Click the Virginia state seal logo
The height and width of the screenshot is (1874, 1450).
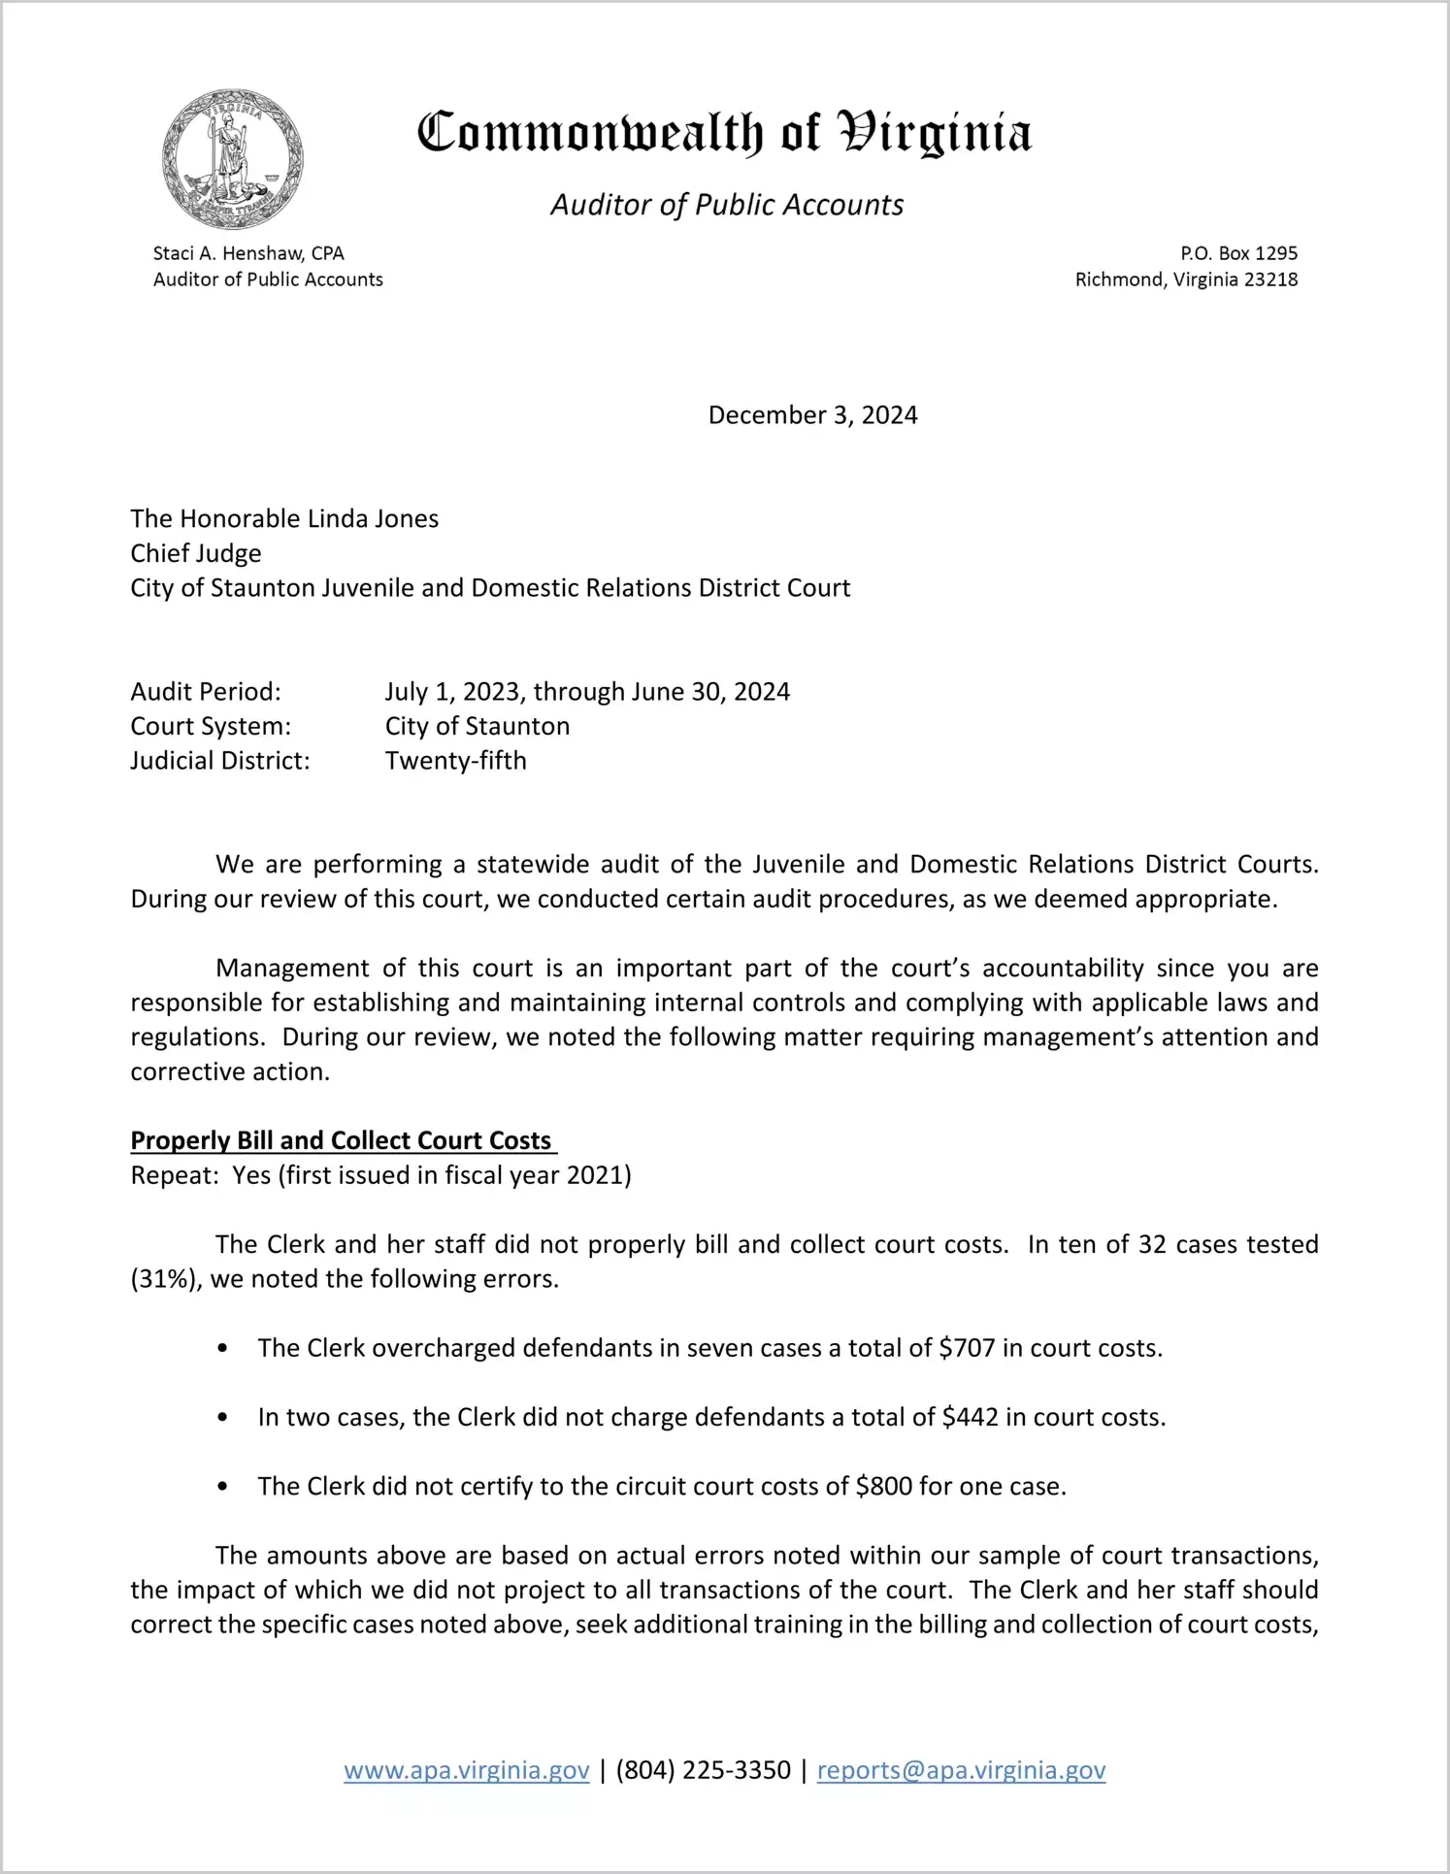click(x=232, y=159)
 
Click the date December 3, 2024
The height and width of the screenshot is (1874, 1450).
click(x=812, y=415)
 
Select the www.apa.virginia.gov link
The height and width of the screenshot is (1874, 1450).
click(x=466, y=1770)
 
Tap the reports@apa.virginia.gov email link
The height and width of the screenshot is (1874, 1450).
click(x=961, y=1770)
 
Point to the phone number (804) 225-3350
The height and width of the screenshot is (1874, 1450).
click(x=703, y=1770)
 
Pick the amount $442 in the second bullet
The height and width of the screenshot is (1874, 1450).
click(x=970, y=1417)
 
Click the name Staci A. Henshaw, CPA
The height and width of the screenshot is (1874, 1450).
click(x=248, y=253)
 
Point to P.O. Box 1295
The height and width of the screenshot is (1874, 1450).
click(x=1238, y=253)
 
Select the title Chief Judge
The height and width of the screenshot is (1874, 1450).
click(x=196, y=553)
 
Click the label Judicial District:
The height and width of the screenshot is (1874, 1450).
click(x=220, y=760)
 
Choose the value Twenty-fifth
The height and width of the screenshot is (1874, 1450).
click(x=455, y=760)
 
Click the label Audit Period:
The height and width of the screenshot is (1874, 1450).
click(x=206, y=691)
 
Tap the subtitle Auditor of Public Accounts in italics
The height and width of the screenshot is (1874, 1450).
click(x=727, y=205)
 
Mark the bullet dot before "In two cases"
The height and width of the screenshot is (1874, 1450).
click(x=223, y=1418)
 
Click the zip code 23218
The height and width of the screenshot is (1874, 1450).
click(x=1270, y=279)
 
